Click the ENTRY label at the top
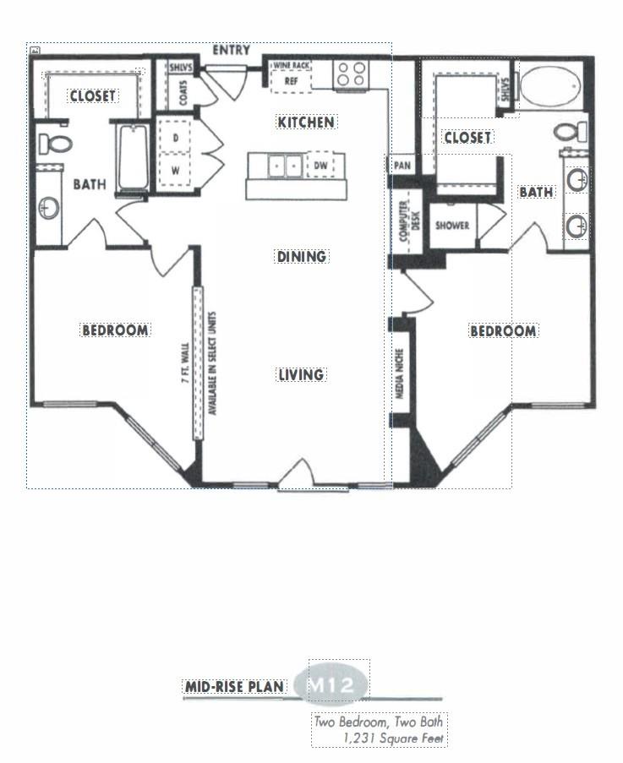231,50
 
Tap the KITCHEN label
306,123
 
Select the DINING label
301,256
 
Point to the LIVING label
301,374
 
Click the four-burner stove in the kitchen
352,74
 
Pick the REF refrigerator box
291,81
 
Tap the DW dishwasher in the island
320,166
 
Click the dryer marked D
175,138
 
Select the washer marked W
175,171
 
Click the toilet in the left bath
55,144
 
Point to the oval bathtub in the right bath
550,87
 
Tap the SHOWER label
452,226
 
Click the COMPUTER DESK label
409,221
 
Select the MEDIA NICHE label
400,373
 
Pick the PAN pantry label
402,166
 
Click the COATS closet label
183,93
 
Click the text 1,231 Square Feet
394,738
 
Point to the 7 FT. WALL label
185,363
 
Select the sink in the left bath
49,209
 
